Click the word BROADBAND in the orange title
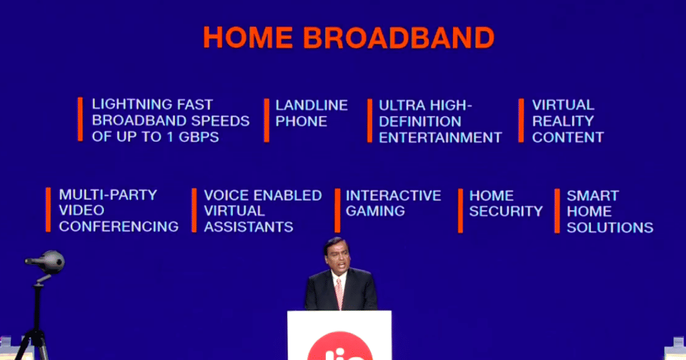coord(399,38)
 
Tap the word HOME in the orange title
coord(248,37)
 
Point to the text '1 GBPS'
coord(193,137)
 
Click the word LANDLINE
coord(312,105)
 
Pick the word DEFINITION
coord(420,122)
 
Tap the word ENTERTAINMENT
coord(440,138)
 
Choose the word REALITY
coord(563,121)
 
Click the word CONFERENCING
coord(118,226)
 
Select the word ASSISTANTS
coord(248,227)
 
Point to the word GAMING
coord(375,211)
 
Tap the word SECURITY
coord(506,211)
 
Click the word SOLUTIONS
coord(610,227)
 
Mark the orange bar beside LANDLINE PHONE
coord(267,121)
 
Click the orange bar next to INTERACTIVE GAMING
coord(337,211)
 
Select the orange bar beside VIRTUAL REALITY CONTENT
coord(521,121)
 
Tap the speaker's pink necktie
coord(339,294)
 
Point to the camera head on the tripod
coord(46,262)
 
